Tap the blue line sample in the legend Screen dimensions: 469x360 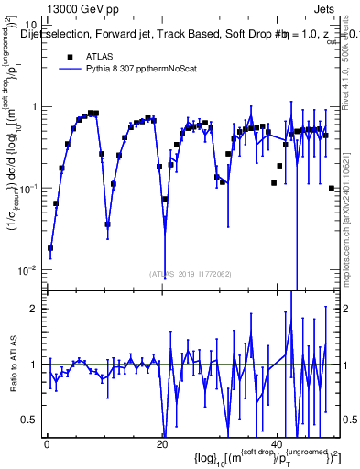[x=68, y=69]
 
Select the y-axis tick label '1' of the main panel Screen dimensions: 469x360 [x=34, y=106]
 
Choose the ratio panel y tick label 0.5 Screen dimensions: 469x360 [x=29, y=420]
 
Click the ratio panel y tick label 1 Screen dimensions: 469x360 [x=34, y=365]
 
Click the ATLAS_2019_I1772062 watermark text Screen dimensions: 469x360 [x=191, y=273]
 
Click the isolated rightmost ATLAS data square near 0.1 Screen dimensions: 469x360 [x=331, y=188]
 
